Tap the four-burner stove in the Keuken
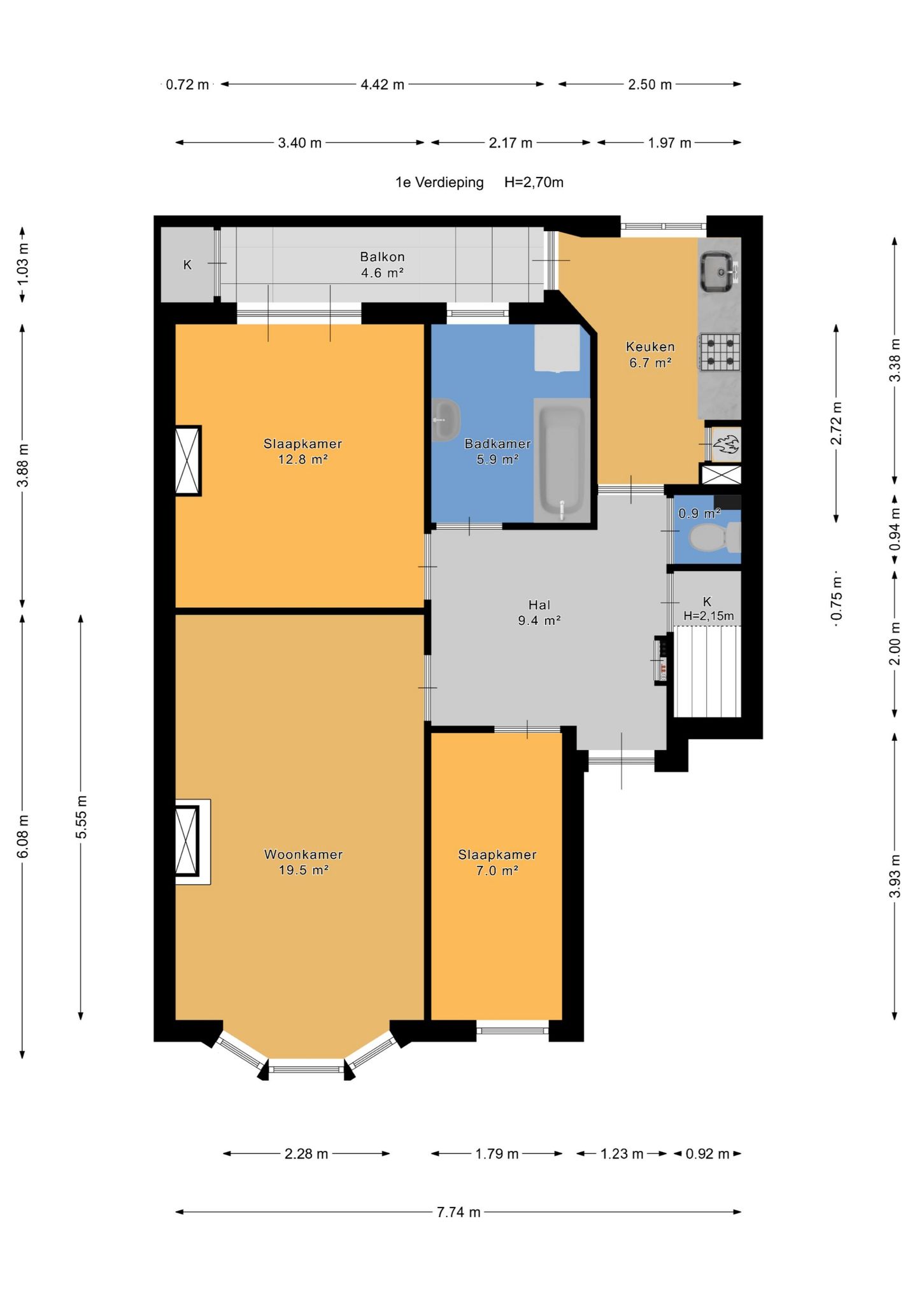720,352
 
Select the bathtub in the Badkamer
562,460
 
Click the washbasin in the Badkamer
446,420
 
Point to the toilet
714,538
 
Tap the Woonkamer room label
303,854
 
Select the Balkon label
382,257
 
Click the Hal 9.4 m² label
539,612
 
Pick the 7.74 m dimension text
458,1211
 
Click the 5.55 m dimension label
81,817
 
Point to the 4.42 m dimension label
382,85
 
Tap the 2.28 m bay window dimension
306,1153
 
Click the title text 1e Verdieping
439,183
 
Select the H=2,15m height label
709,616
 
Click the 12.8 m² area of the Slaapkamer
302,459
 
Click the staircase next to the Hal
707,672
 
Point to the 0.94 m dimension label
895,528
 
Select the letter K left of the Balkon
187,265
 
